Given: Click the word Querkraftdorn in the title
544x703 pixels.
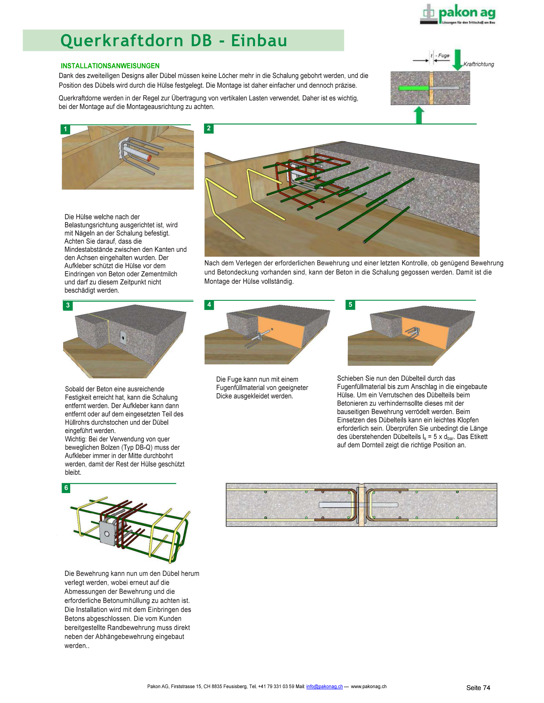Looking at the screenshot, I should pyautogui.click(x=122, y=41).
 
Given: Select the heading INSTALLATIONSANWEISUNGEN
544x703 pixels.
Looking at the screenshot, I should pyautogui.click(x=110, y=66).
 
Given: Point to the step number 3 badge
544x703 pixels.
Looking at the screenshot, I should pyautogui.click(x=68, y=305).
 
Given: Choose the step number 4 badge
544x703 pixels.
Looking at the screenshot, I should pyautogui.click(x=209, y=304).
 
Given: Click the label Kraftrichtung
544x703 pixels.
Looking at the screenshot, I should pyautogui.click(x=479, y=64).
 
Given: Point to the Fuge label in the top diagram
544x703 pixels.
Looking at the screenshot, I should pyautogui.click(x=443, y=55).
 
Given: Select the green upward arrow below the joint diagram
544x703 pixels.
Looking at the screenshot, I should pyautogui.click(x=419, y=115).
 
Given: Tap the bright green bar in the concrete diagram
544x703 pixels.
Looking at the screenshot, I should pyautogui.click(x=413, y=88).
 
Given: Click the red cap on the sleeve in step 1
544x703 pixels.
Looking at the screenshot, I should pyautogui.click(x=149, y=158).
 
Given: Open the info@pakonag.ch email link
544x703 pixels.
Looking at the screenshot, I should pyautogui.click(x=324, y=686).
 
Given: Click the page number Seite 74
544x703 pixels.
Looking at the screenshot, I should pyautogui.click(x=478, y=688).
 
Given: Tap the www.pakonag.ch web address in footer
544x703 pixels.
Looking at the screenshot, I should pyautogui.click(x=368, y=686).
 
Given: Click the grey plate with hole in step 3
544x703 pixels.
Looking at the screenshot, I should pyautogui.click(x=123, y=337).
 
